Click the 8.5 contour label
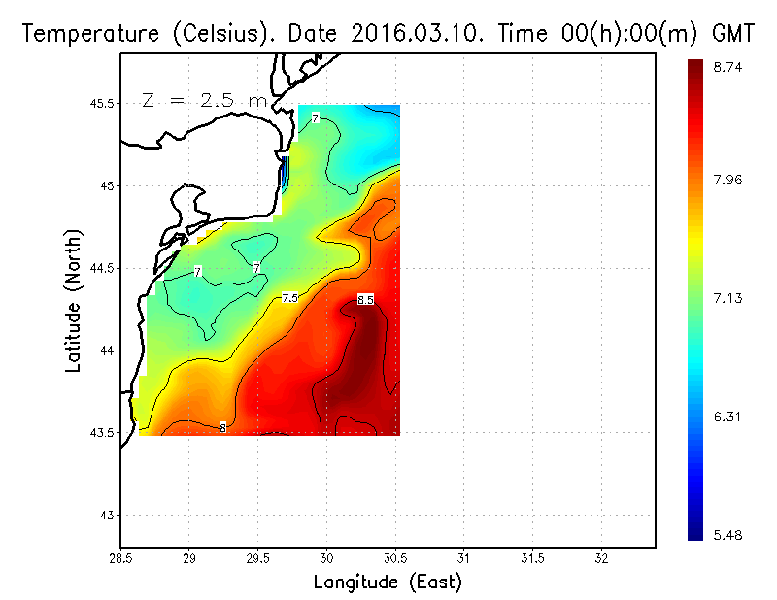365,300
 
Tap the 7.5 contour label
289,298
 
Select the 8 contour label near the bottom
222,427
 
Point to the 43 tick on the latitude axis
106,515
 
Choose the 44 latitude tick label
106,350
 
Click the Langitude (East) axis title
388,583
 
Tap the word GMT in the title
734,34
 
